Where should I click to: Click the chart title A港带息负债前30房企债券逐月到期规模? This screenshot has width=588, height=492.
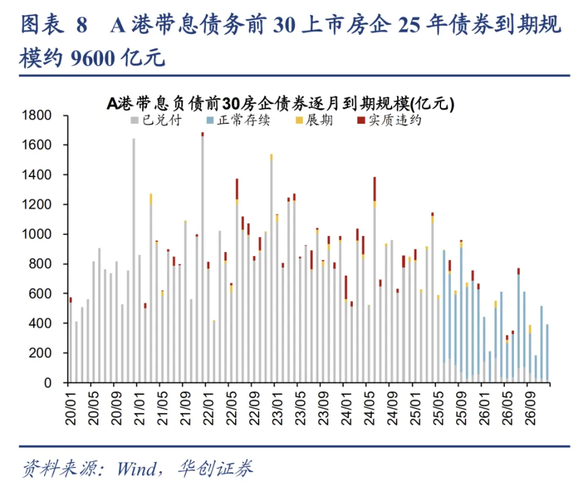point(280,104)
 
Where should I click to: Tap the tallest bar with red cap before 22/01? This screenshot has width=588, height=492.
point(203,257)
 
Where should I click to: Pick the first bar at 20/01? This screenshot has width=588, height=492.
point(70,340)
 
